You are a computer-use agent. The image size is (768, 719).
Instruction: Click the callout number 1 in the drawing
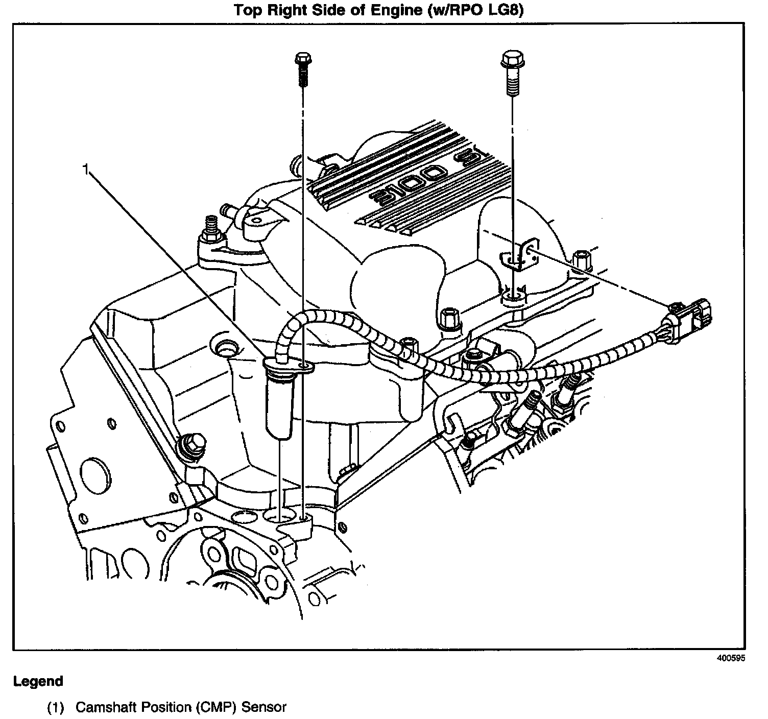[87, 169]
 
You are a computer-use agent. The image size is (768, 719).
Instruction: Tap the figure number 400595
[731, 658]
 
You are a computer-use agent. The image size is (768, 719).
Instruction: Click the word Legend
[38, 681]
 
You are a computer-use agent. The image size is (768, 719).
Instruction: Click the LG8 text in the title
[507, 11]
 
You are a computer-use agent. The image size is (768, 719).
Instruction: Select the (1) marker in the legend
[55, 707]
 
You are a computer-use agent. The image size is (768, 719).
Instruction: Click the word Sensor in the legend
[263, 707]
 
